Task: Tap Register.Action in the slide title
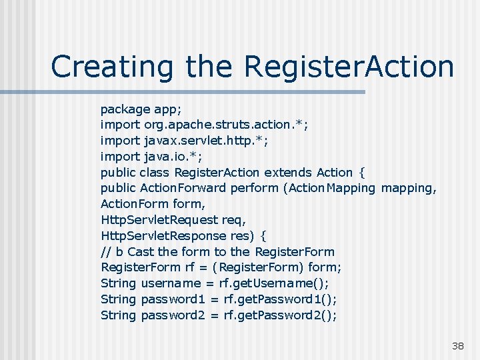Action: click(x=349, y=67)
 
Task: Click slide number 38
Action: click(x=457, y=346)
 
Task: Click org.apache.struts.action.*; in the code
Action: click(x=226, y=124)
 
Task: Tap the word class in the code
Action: click(x=155, y=172)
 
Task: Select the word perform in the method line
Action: click(x=254, y=188)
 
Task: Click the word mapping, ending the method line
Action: click(x=409, y=188)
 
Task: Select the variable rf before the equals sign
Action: click(x=191, y=268)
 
